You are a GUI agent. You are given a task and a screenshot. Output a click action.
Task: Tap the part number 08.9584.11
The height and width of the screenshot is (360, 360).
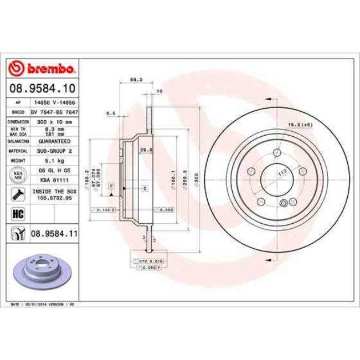click(x=53, y=234)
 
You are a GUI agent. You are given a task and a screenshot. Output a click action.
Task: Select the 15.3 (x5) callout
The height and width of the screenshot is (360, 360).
click(x=301, y=125)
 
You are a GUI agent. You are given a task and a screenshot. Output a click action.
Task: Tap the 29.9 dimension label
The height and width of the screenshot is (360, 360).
click(x=142, y=150)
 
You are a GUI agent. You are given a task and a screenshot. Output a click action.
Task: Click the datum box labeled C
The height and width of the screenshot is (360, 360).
click(x=145, y=189)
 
